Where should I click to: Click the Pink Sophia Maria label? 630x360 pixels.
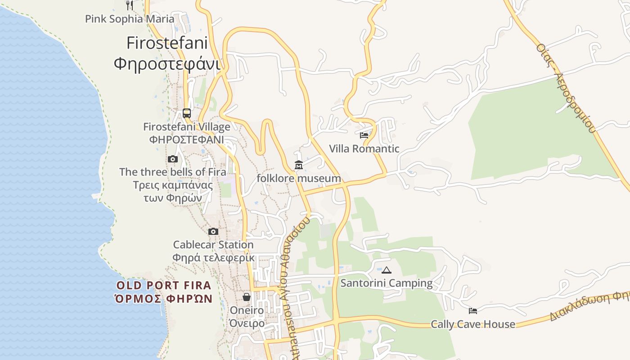(x=130, y=19)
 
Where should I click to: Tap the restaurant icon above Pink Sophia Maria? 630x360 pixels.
(x=130, y=5)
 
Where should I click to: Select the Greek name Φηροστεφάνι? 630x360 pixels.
(x=167, y=64)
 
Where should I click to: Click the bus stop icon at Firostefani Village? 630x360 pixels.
(x=187, y=113)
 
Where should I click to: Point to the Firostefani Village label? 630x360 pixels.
(x=187, y=127)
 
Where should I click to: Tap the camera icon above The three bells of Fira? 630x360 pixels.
(x=172, y=159)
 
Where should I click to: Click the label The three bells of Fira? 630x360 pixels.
(x=173, y=172)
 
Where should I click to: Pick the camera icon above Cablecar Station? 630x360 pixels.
(x=213, y=232)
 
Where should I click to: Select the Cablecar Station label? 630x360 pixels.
(x=213, y=245)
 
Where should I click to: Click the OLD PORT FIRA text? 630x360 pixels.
(x=164, y=285)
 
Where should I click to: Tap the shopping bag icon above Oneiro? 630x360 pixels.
(x=247, y=297)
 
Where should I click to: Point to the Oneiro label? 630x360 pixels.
(x=247, y=310)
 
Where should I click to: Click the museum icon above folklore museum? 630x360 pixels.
(x=299, y=165)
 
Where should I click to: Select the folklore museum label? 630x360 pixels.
(x=299, y=178)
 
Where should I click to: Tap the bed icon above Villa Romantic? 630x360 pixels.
(x=364, y=135)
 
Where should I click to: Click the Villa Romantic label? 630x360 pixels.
(x=364, y=148)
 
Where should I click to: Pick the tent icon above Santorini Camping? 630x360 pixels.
(x=386, y=270)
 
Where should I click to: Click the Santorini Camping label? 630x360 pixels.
(x=386, y=283)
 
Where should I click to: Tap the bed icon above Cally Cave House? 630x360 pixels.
(x=473, y=310)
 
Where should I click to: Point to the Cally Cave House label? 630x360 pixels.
(x=473, y=324)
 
